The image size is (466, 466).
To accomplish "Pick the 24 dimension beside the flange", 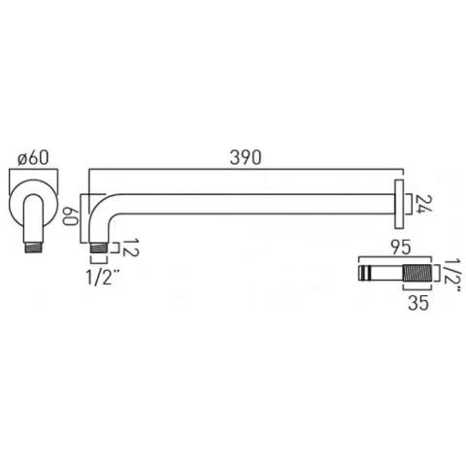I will click(x=419, y=205).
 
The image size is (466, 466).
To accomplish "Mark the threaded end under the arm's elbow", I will click(x=98, y=250).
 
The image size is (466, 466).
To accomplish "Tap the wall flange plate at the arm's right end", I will click(x=399, y=202).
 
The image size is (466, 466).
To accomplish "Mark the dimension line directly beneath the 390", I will click(x=244, y=170).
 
